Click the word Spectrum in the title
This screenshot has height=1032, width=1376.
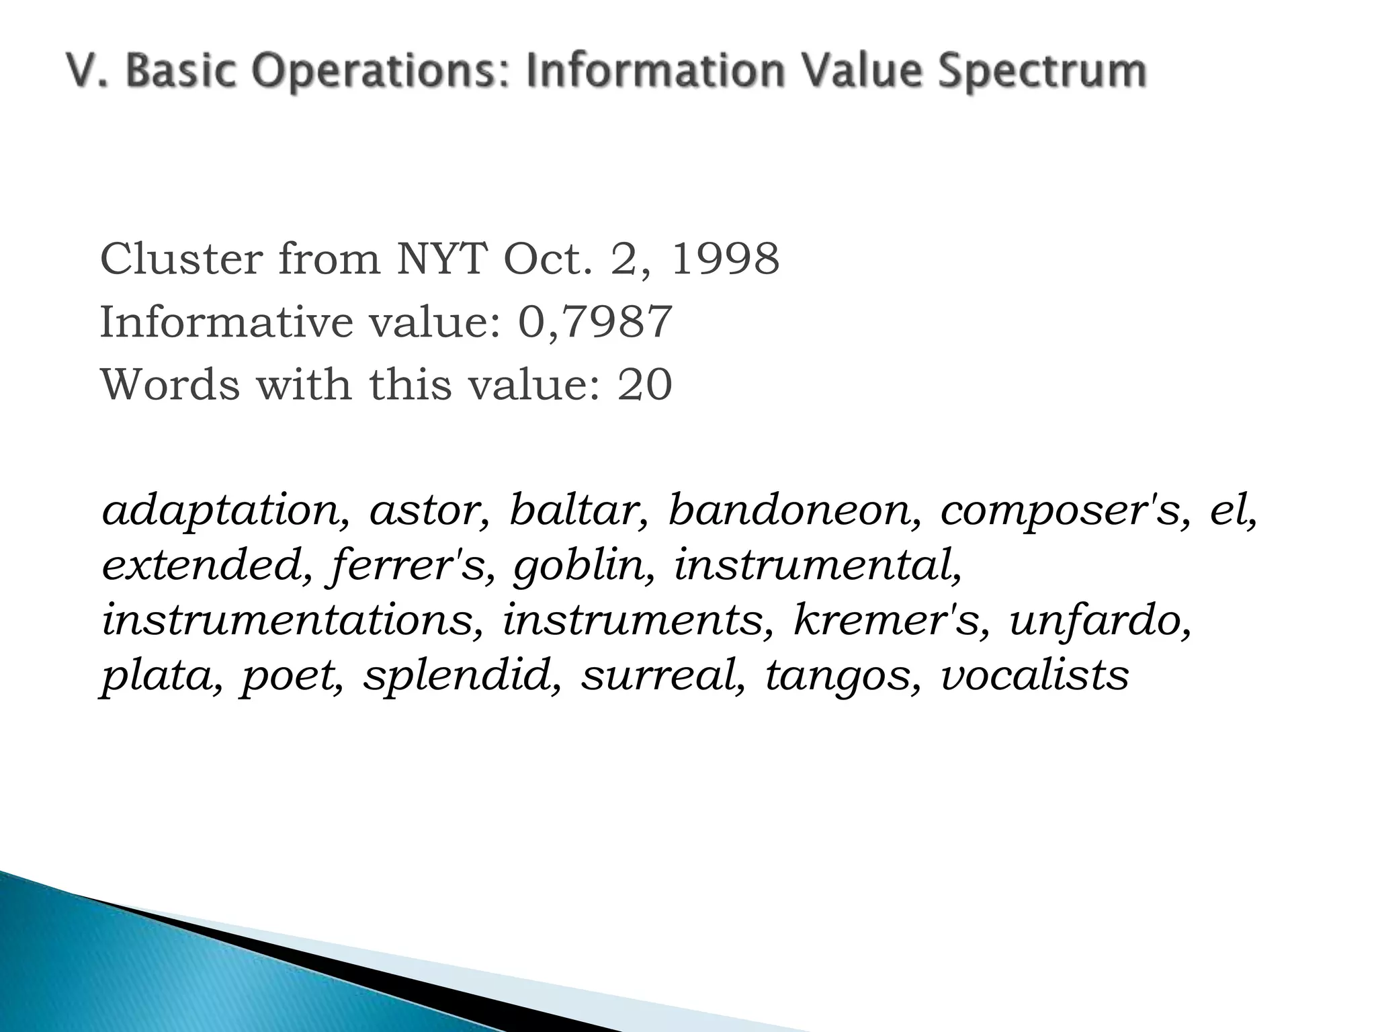(1042, 72)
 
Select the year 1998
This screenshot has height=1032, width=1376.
(725, 259)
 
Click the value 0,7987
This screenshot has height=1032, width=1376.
(595, 322)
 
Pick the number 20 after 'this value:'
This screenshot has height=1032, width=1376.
(644, 385)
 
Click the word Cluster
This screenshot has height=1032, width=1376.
(181, 259)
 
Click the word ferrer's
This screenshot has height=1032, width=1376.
(408, 565)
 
